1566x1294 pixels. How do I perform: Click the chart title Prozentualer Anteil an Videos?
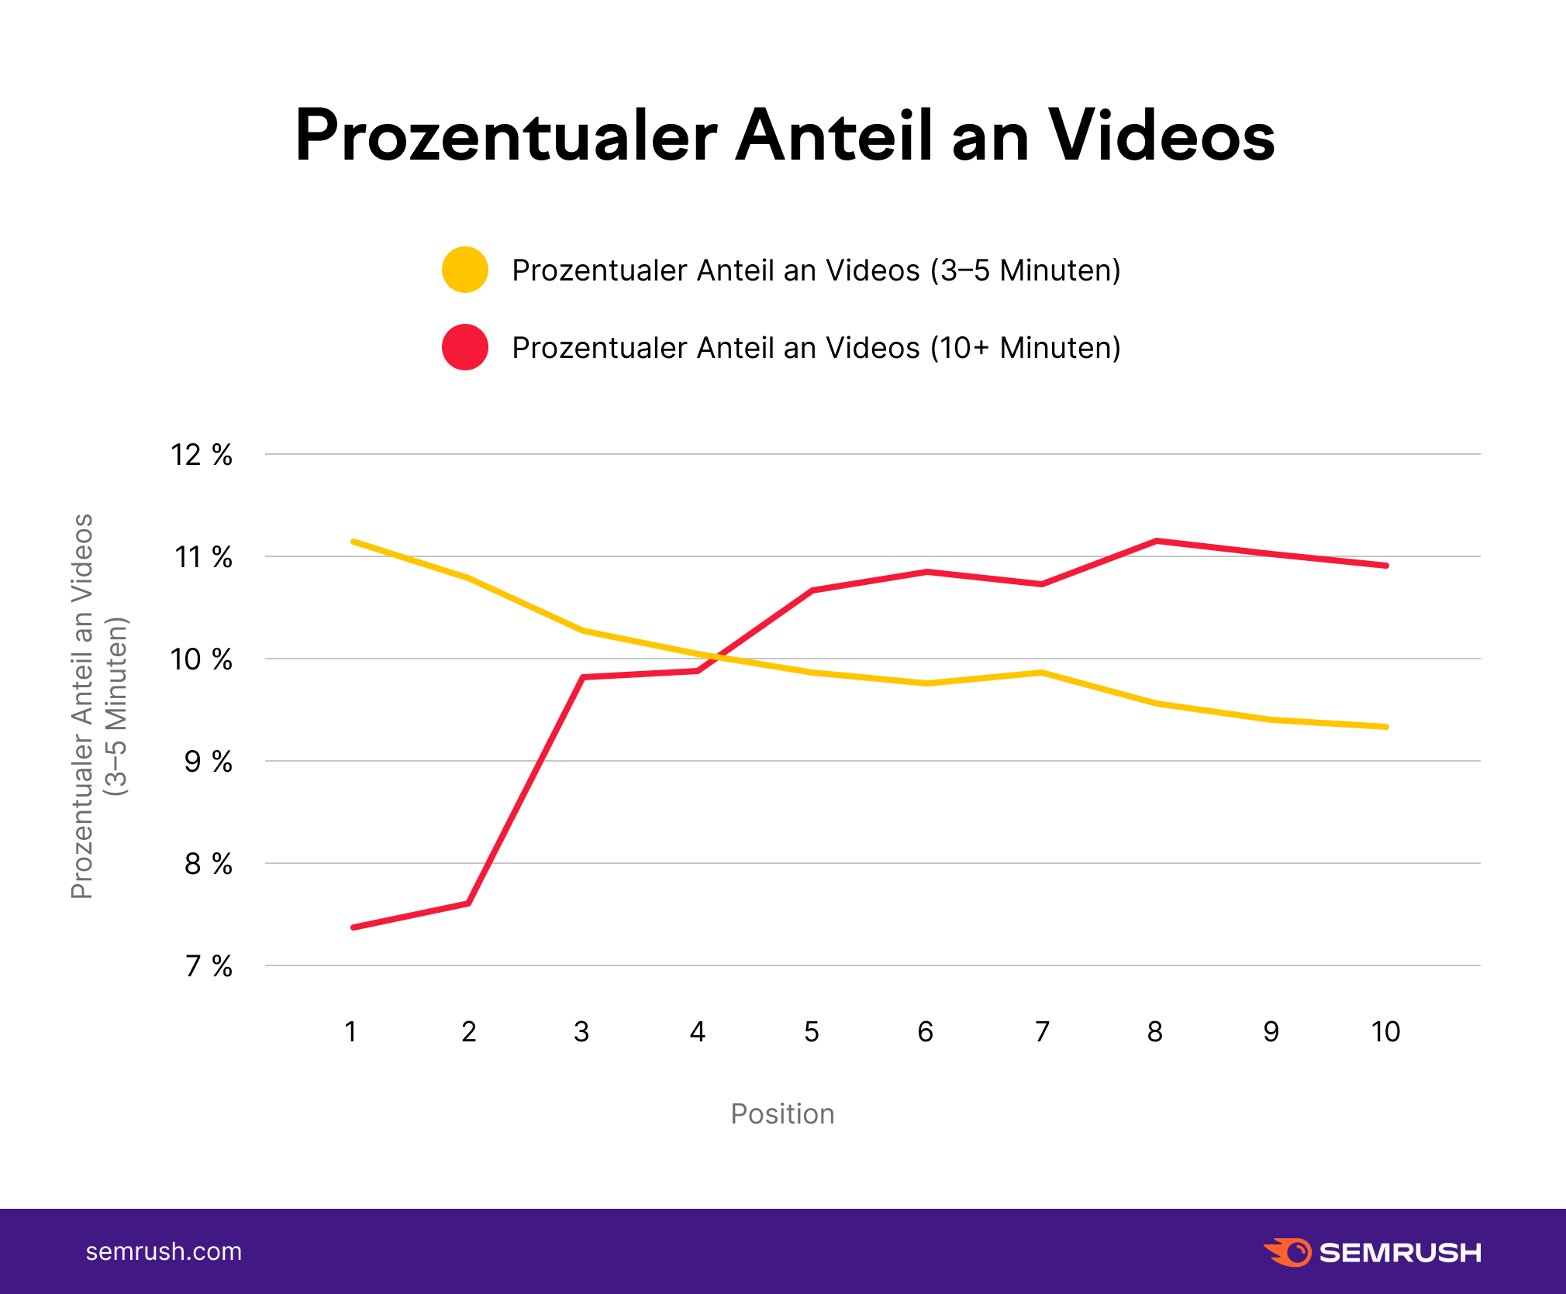[785, 136]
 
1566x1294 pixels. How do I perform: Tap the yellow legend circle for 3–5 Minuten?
[464, 270]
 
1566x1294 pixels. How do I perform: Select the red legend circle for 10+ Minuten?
[464, 347]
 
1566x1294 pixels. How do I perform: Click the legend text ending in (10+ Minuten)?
[816, 348]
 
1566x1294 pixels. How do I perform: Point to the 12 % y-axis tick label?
[202, 455]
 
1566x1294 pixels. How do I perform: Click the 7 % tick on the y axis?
[209, 966]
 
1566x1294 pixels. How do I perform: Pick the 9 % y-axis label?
[208, 762]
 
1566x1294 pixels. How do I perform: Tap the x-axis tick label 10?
[1385, 1032]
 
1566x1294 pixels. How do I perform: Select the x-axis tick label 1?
[351, 1032]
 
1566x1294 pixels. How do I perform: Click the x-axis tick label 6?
[926, 1032]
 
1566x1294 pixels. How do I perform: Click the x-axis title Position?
[782, 1114]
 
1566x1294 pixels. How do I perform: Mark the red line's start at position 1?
[354, 927]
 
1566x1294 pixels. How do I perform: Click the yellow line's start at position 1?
[354, 541]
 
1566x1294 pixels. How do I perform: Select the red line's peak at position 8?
[1156, 541]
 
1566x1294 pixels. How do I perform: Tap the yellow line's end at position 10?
[1385, 727]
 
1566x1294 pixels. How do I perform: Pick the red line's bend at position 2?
[468, 903]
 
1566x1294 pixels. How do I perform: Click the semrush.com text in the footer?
[164, 1251]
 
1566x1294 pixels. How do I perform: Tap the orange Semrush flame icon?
[1288, 1252]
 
